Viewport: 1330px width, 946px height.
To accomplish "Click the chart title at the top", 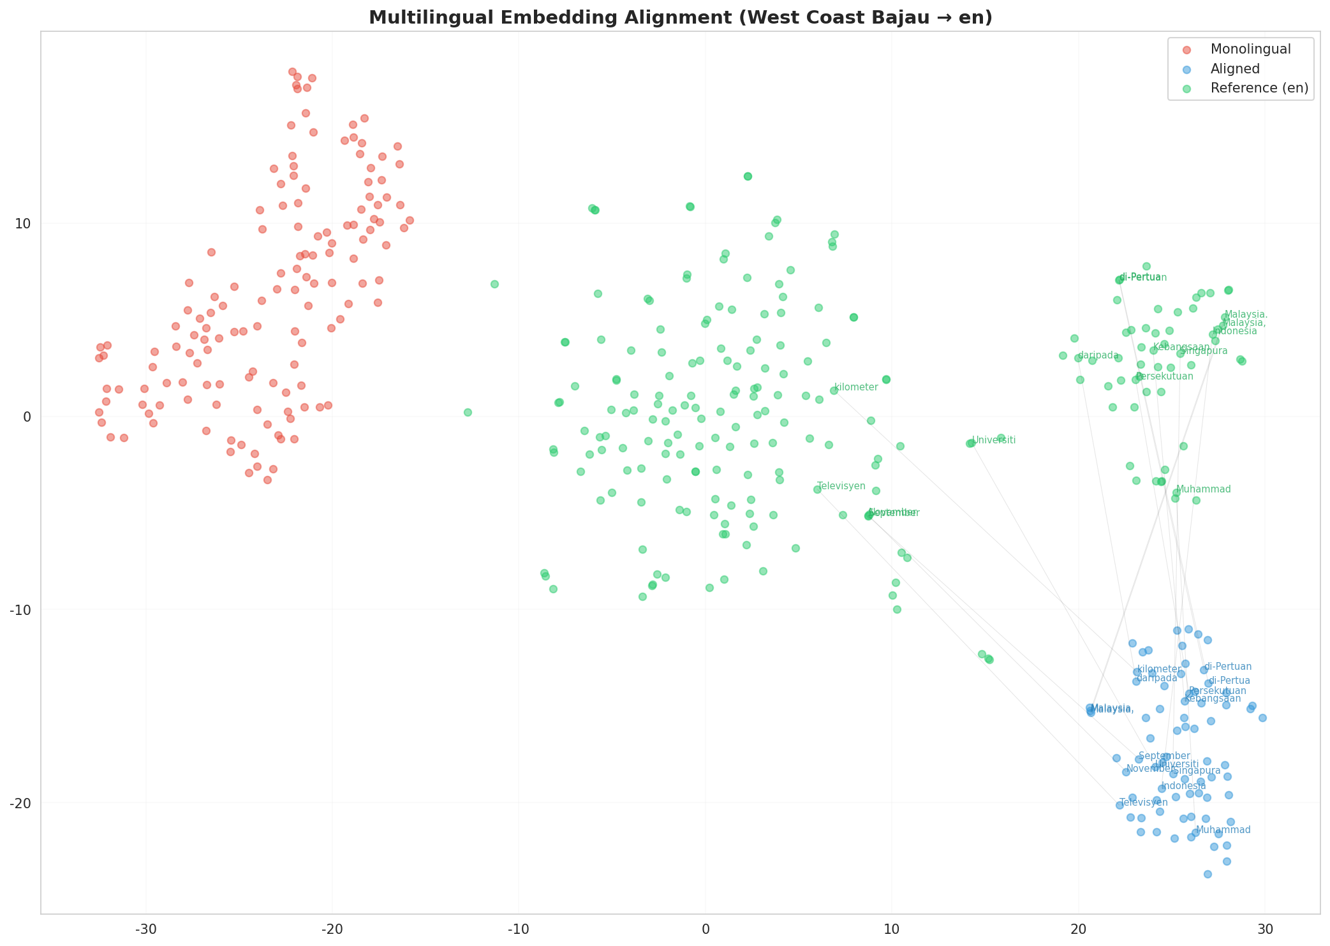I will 680,17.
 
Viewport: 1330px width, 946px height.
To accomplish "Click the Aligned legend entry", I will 1235,69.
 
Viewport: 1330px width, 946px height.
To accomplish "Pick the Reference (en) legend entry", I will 1259,88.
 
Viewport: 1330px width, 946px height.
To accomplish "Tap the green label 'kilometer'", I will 856,387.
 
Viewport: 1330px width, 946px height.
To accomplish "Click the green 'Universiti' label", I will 994,440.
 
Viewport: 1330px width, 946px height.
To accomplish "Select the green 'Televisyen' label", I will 841,486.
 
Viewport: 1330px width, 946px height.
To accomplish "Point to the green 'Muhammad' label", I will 1203,489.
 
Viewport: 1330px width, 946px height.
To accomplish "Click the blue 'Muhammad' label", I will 1223,830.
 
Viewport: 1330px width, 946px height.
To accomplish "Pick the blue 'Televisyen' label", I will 1144,802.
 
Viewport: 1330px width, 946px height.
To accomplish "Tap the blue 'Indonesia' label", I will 1184,786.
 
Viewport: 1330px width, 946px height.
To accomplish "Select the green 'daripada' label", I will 1098,355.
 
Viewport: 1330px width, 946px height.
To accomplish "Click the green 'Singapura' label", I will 1204,351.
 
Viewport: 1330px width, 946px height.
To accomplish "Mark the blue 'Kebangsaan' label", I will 1213,698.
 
